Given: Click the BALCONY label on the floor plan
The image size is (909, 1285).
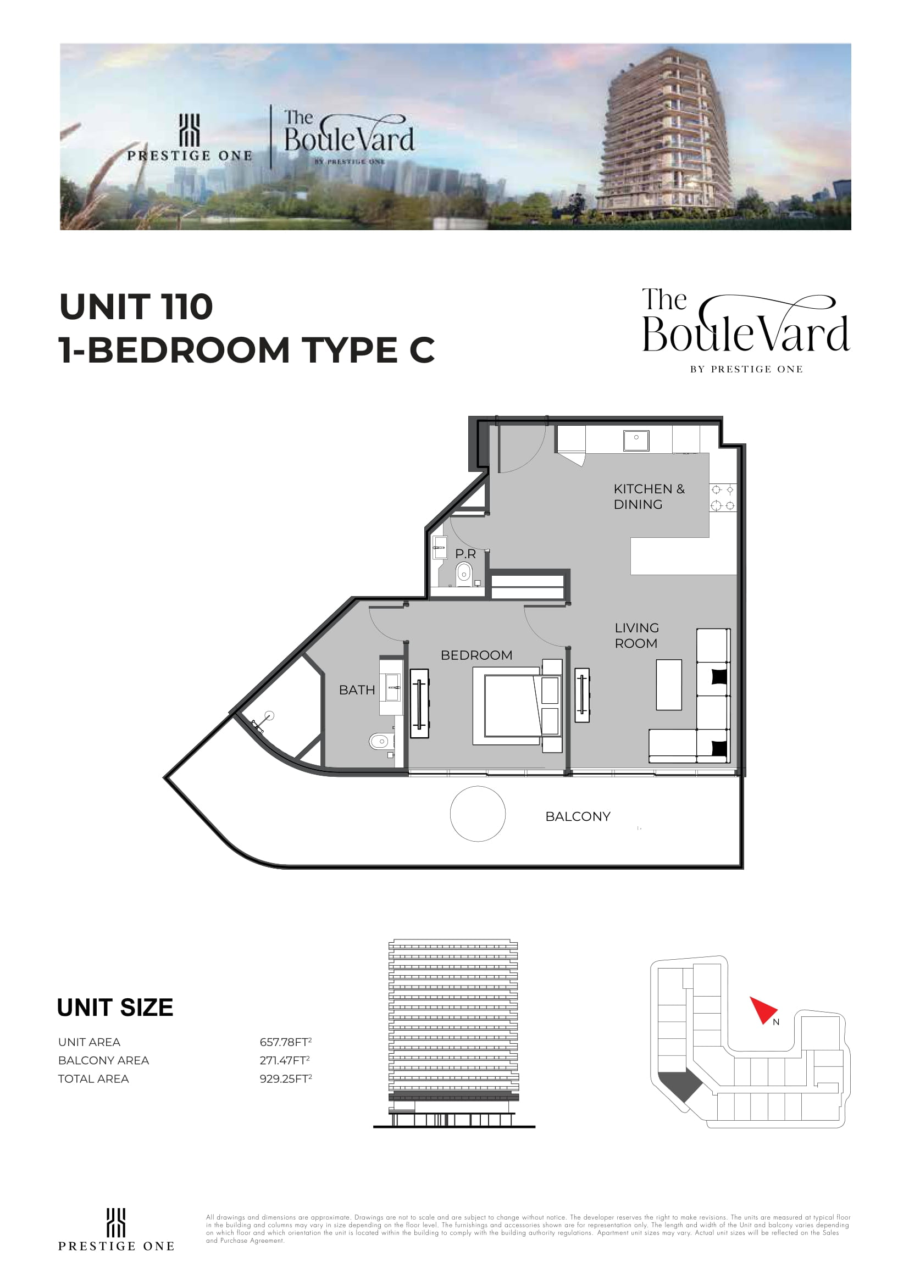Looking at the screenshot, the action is [578, 816].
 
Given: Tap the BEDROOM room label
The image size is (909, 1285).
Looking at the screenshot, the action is [476, 655].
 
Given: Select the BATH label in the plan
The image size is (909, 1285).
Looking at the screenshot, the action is [357, 690].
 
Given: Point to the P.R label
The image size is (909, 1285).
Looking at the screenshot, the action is [465, 554].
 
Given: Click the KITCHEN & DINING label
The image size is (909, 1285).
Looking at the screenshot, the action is [649, 497].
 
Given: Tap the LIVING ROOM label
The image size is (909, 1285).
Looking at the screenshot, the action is [637, 636].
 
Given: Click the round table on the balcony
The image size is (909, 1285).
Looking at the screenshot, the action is [478, 814].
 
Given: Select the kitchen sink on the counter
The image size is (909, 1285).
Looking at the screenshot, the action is [636, 441].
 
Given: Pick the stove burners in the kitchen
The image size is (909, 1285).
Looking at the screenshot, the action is [723, 498].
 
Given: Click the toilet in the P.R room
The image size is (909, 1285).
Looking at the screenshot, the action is [464, 573].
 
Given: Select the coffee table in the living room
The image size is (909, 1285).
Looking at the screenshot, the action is [669, 685].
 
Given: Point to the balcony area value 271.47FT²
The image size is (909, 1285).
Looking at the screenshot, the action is [284, 1060].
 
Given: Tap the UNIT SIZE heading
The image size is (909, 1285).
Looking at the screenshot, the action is [115, 1008].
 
